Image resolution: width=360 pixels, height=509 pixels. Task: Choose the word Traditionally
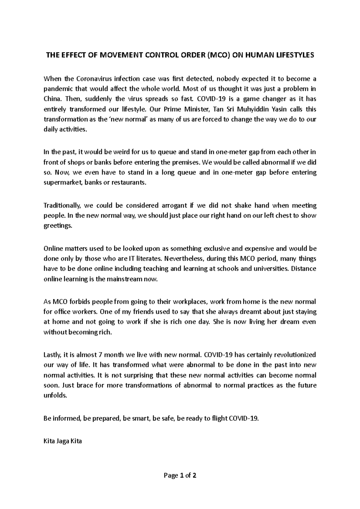[62, 206]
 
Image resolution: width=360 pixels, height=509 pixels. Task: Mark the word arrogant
[174, 206]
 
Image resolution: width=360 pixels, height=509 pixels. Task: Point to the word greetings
[58, 226]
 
